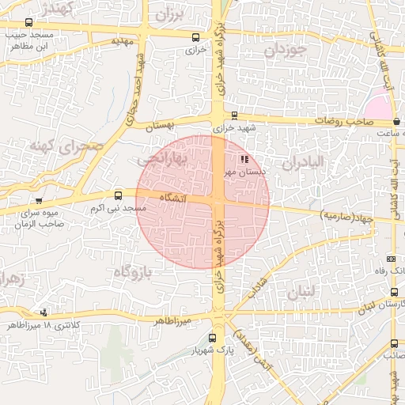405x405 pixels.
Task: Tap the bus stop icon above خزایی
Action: pyautogui.click(x=195, y=36)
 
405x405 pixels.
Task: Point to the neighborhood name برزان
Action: pyautogui.click(x=169, y=14)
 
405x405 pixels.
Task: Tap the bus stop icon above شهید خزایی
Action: pyautogui.click(x=233, y=115)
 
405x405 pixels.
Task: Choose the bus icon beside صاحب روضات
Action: pyautogui.click(x=396, y=121)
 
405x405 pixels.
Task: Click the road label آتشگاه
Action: pyautogui.click(x=172, y=196)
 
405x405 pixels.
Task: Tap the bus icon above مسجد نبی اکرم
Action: pyautogui.click(x=119, y=195)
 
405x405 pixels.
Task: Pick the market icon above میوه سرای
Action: pyautogui.click(x=39, y=201)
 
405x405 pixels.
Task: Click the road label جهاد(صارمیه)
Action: pyautogui.click(x=346, y=214)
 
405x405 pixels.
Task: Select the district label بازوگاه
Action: pyautogui.click(x=131, y=272)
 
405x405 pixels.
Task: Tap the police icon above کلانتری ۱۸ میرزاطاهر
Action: pyautogui.click(x=44, y=312)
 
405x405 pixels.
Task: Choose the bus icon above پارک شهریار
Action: pyautogui.click(x=210, y=338)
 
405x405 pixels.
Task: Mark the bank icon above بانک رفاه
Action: pyautogui.click(x=391, y=259)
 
